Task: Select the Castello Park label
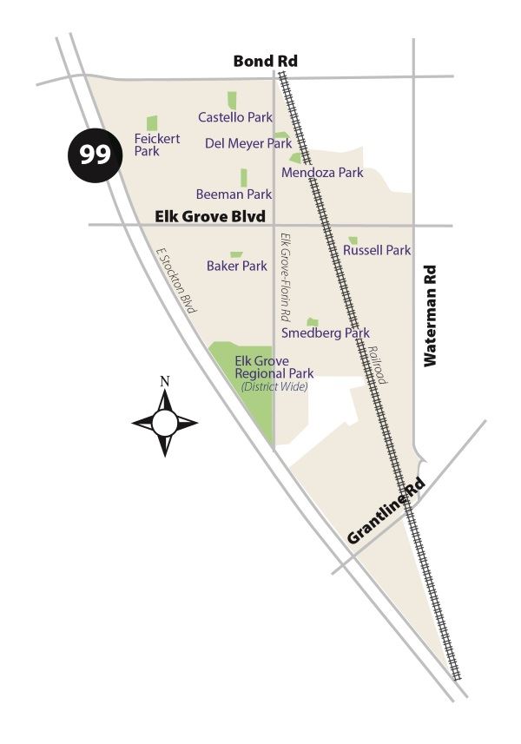click(235, 117)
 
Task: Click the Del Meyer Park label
click(248, 143)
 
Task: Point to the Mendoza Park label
click(322, 173)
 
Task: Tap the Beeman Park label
click(234, 194)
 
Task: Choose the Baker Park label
click(237, 266)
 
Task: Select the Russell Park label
click(377, 250)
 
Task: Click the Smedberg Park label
click(326, 332)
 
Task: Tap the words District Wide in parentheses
click(274, 386)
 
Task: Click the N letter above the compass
click(165, 380)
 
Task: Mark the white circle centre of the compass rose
click(165, 423)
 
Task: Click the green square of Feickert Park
click(152, 123)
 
